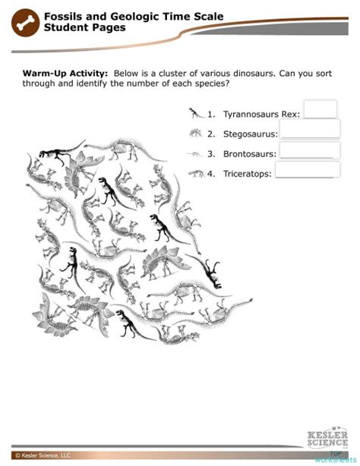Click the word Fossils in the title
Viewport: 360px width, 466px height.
tap(62, 16)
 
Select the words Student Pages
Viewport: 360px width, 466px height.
tap(84, 27)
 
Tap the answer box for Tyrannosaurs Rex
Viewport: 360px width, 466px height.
tap(320, 110)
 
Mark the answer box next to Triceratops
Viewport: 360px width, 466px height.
tap(307, 171)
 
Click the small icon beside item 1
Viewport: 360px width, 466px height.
tap(197, 114)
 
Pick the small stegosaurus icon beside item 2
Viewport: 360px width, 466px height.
tap(197, 134)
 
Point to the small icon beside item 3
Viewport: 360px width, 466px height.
tap(197, 153)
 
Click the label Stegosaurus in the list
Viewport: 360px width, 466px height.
tap(250, 134)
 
